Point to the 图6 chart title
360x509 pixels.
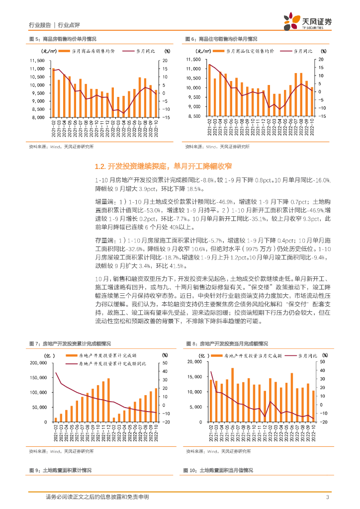[221, 39]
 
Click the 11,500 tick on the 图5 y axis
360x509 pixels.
[37, 61]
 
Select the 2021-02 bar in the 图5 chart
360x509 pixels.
[54, 93]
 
